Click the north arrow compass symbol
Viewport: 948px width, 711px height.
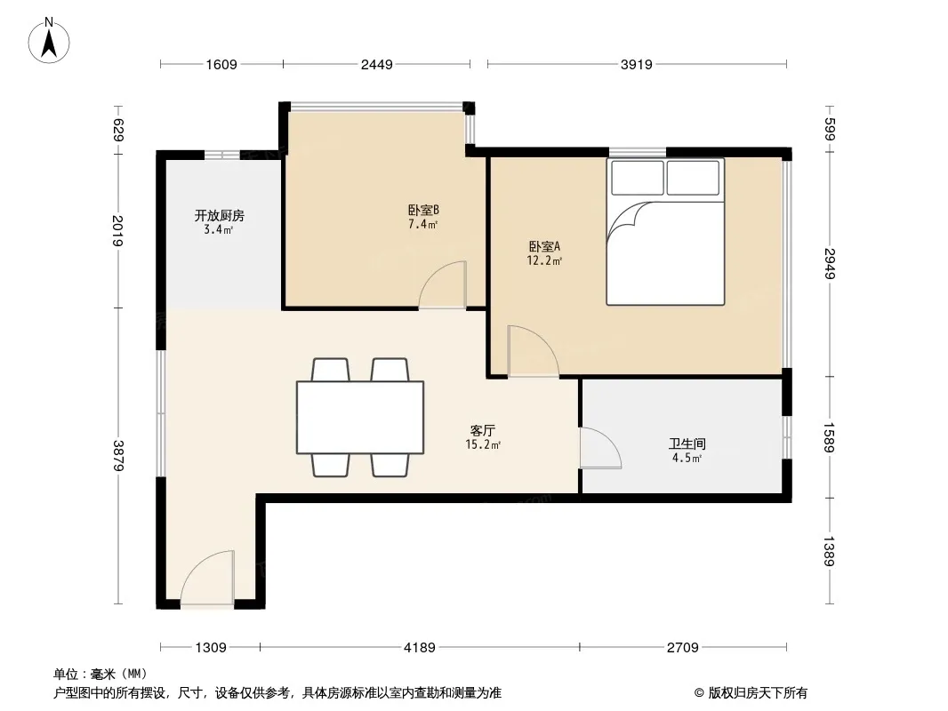(x=49, y=42)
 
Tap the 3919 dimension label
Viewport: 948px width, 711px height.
(x=636, y=64)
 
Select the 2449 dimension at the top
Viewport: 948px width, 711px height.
(x=377, y=64)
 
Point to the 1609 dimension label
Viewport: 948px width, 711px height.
(x=221, y=64)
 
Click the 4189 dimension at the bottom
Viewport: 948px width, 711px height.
(x=420, y=648)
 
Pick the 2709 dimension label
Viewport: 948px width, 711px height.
(x=683, y=648)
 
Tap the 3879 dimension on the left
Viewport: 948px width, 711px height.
(x=118, y=456)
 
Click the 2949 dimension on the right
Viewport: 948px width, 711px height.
(x=830, y=263)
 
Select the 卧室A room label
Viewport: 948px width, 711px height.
(x=545, y=246)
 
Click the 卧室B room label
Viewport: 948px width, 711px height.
(x=423, y=211)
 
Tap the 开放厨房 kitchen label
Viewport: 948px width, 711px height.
(x=219, y=216)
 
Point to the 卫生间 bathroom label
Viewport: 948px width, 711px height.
(x=687, y=444)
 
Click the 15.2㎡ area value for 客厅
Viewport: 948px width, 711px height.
(x=483, y=445)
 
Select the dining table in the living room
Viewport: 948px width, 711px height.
(x=360, y=418)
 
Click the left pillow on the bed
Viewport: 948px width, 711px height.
(x=638, y=178)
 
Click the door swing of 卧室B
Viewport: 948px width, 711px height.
(x=443, y=284)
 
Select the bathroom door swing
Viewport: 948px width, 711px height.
(x=600, y=448)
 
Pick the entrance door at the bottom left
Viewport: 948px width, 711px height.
(x=207, y=577)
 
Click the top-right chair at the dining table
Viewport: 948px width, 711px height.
(x=390, y=369)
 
